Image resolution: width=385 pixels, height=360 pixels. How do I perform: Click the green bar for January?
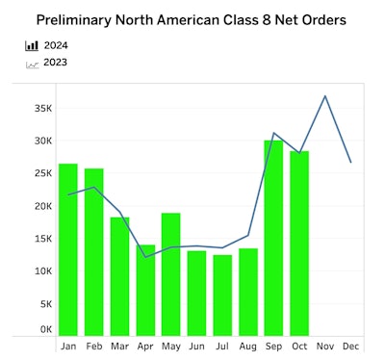(x=67, y=250)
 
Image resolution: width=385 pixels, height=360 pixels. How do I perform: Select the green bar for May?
(x=170, y=274)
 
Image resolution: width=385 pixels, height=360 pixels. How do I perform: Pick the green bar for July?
(x=222, y=296)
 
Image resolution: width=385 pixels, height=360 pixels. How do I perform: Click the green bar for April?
(x=145, y=290)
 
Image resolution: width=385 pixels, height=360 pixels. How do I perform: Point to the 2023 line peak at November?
(x=325, y=96)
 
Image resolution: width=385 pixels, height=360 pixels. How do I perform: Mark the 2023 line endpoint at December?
(x=350, y=162)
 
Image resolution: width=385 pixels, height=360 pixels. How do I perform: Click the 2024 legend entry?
(x=56, y=44)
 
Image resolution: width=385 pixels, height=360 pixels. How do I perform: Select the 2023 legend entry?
(x=56, y=63)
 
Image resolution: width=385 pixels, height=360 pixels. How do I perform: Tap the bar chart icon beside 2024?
(x=32, y=44)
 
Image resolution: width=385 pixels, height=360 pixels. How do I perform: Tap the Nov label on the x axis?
(x=324, y=346)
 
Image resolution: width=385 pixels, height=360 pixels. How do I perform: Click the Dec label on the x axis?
(x=350, y=346)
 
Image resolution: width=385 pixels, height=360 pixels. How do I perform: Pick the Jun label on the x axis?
(x=196, y=346)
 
